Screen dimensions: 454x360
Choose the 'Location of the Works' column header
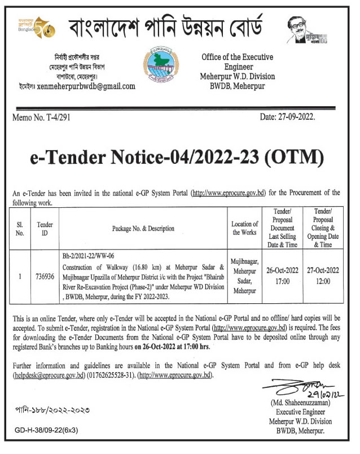point(245,228)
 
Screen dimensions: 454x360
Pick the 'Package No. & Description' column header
point(142,229)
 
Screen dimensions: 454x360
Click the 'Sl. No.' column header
point(20,228)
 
